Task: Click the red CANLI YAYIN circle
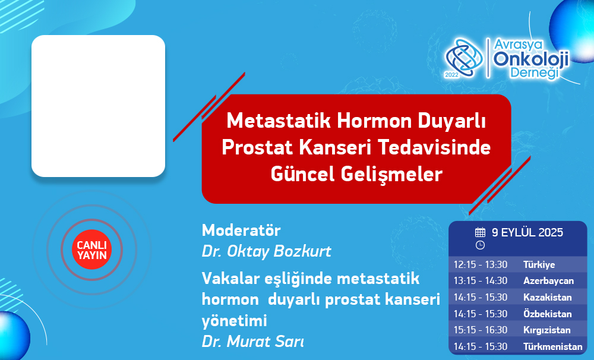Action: coord(91,250)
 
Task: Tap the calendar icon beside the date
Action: coord(480,232)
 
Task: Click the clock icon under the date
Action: coord(480,245)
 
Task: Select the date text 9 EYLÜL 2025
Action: coord(527,232)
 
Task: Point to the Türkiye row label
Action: coord(539,264)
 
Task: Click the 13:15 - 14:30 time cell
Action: coord(481,281)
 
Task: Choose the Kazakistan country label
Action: coord(548,297)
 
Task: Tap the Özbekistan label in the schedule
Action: coord(548,314)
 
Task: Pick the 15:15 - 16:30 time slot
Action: coord(481,330)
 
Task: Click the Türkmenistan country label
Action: coord(552,346)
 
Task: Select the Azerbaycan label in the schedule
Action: coord(548,281)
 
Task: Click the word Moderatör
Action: coord(241,230)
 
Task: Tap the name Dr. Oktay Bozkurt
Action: coord(266,251)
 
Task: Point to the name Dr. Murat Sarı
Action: coord(252,342)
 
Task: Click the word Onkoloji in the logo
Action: coord(530,59)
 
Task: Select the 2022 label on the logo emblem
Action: coord(451,75)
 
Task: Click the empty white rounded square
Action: coord(98,106)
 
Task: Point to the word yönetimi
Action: coord(234,321)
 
